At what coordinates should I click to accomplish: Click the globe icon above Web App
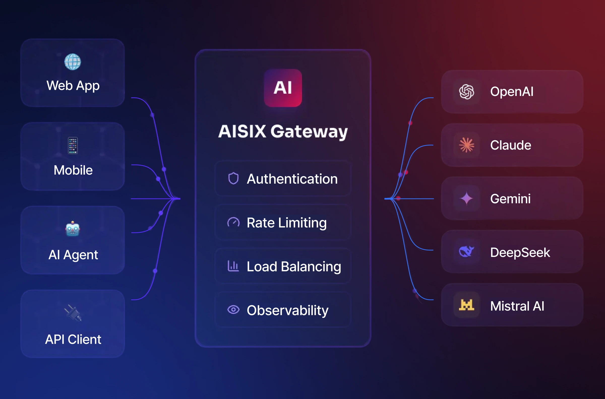tap(73, 62)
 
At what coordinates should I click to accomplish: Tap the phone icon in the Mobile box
tap(73, 145)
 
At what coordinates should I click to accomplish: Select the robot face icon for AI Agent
tap(73, 229)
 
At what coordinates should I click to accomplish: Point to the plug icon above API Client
tap(73, 313)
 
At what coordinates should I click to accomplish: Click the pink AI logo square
tap(283, 88)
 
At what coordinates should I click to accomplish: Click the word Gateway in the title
tap(309, 132)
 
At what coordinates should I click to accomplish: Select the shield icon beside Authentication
tap(233, 178)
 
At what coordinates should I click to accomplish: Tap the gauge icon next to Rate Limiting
tap(233, 222)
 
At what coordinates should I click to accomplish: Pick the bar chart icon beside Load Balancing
tap(233, 266)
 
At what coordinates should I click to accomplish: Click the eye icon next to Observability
tap(233, 310)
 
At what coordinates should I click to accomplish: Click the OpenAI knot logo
tap(467, 92)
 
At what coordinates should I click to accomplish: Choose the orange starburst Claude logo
tap(467, 145)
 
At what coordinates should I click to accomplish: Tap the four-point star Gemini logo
tap(467, 198)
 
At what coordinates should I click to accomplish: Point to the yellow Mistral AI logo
tap(467, 305)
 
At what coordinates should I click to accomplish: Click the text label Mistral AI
tap(517, 306)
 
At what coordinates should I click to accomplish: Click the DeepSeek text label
tap(520, 252)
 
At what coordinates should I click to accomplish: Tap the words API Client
tap(73, 339)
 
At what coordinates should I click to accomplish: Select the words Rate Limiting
tap(286, 223)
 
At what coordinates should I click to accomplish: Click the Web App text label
tap(73, 86)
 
